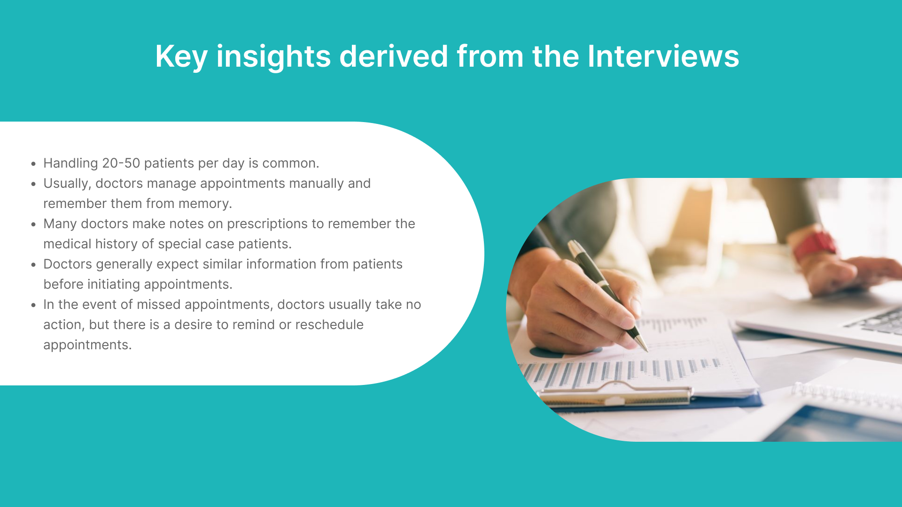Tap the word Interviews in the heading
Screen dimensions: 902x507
click(x=663, y=56)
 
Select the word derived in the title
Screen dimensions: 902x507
click(x=394, y=56)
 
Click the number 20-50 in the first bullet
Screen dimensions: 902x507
click(x=121, y=163)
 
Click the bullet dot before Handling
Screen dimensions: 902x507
click(x=33, y=164)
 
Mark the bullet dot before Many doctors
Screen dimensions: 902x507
click(x=33, y=224)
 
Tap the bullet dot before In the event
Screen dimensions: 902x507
click(x=33, y=305)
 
